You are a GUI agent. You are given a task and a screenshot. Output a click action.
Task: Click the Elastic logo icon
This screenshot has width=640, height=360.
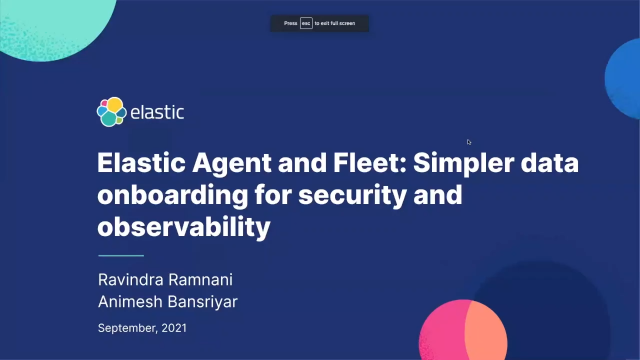pyautogui.click(x=111, y=112)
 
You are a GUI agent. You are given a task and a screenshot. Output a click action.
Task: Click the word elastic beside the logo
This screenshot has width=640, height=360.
pyautogui.click(x=158, y=112)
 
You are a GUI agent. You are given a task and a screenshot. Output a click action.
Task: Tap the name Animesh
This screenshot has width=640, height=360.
pyautogui.click(x=129, y=300)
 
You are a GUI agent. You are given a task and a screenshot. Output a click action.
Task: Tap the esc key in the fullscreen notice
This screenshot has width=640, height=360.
pyautogui.click(x=306, y=22)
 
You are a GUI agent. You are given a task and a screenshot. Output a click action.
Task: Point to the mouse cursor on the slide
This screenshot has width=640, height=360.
pyautogui.click(x=469, y=141)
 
